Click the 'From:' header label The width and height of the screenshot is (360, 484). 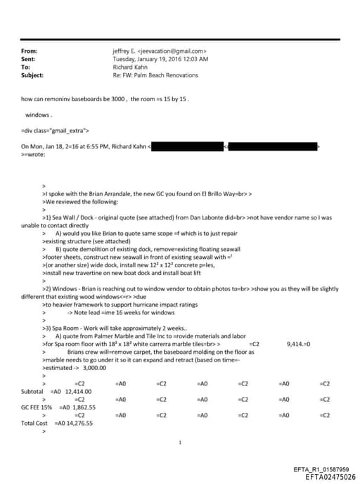tap(30, 51)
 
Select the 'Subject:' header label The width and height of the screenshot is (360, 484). tap(33, 75)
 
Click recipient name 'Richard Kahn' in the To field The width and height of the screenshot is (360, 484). tap(129, 67)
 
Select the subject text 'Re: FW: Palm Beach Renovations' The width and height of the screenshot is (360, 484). tap(155, 75)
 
